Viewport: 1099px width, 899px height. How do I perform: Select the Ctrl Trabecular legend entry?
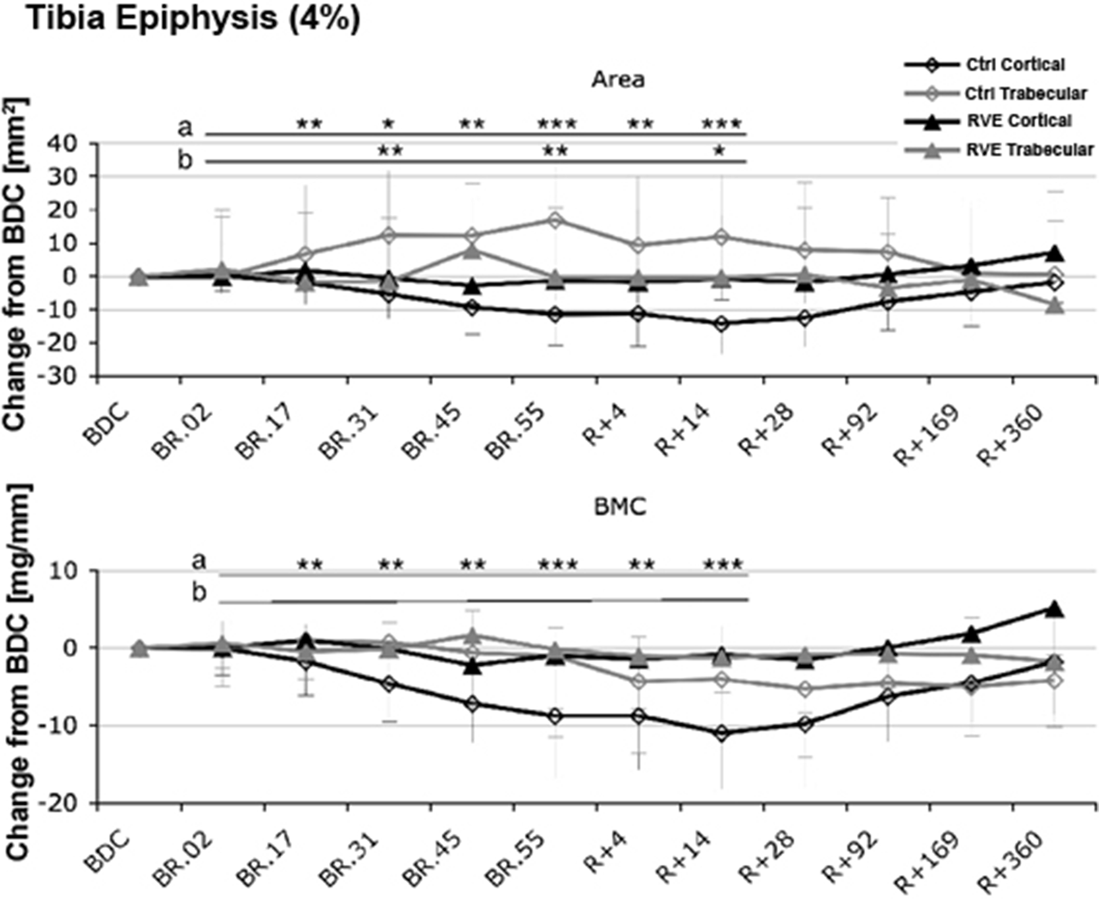(1025, 94)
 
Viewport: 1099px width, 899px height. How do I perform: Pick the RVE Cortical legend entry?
(1018, 121)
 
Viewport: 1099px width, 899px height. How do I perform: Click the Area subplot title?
(618, 80)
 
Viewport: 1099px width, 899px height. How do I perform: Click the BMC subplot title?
(620, 507)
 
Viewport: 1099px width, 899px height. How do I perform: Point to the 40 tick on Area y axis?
(76, 144)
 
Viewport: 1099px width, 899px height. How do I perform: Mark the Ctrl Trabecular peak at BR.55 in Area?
(555, 220)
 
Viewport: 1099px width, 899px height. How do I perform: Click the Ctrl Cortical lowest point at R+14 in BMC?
(721, 733)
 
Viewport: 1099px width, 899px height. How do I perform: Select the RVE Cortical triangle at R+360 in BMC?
(1055, 609)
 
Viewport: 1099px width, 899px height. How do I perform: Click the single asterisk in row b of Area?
(719, 151)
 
